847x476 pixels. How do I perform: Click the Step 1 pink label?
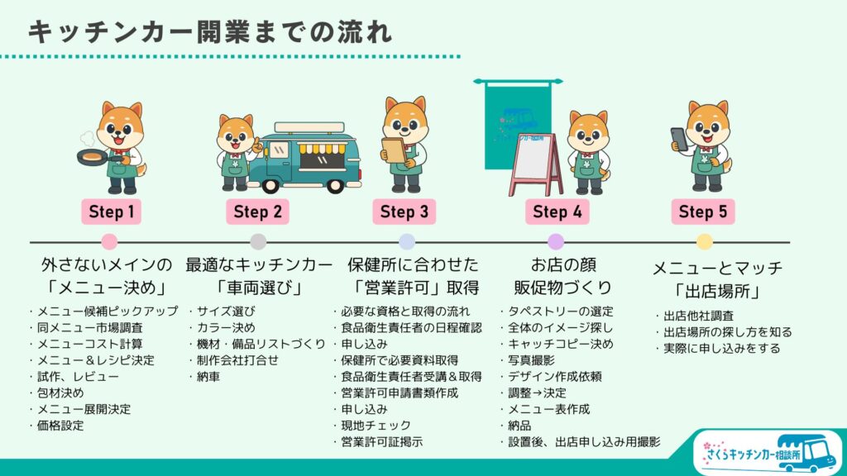click(112, 212)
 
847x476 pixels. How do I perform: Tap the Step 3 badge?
click(404, 212)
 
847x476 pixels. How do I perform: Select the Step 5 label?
click(703, 212)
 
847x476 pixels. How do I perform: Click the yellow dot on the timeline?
click(704, 242)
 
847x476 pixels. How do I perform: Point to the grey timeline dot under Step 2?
click(258, 242)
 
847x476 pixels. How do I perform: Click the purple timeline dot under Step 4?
click(556, 242)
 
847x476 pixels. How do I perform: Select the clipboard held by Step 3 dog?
click(394, 150)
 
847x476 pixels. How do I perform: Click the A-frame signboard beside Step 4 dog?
click(535, 164)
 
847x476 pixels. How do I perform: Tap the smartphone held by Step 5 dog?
click(679, 139)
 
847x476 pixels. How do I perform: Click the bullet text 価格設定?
click(60, 426)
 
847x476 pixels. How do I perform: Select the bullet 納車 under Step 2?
click(208, 377)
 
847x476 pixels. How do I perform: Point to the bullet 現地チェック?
click(376, 426)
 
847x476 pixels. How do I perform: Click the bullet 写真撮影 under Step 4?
click(532, 360)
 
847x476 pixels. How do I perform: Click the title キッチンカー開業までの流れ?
click(210, 32)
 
